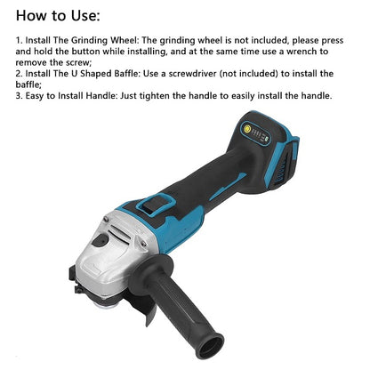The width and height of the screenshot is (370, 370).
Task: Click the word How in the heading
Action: click(x=33, y=16)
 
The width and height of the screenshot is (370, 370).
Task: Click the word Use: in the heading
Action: click(x=82, y=16)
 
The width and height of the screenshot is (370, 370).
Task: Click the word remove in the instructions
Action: click(x=34, y=63)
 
